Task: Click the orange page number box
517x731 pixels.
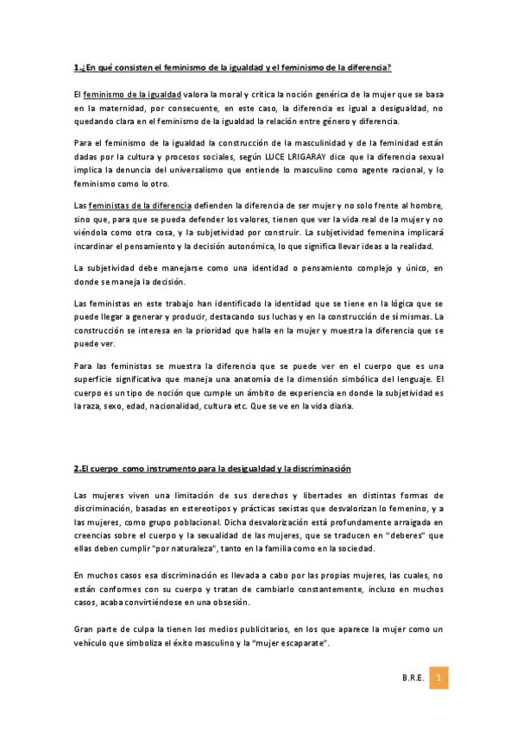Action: coord(438,678)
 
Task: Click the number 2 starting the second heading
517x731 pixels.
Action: coord(76,469)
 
